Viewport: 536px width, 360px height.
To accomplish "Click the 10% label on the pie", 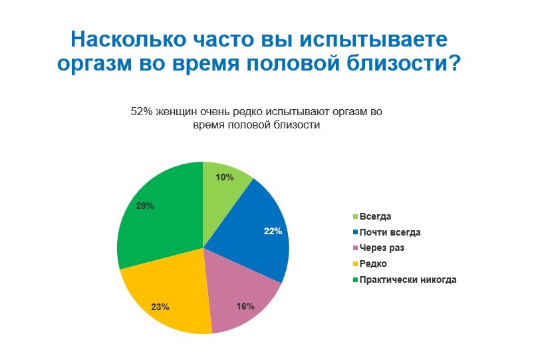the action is [225, 177].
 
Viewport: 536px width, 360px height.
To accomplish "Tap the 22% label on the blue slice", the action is [273, 232].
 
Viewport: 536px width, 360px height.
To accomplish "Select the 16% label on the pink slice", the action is [245, 306].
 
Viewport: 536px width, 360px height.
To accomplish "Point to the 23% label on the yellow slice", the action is [160, 307].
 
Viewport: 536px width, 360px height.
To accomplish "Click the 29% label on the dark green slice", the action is [145, 206].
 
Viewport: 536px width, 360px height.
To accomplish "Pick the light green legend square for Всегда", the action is [355, 217].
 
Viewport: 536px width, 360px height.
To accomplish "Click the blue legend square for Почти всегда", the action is [355, 232].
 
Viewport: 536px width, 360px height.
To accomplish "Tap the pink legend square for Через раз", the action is [355, 248].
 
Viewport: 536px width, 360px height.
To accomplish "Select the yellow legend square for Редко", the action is [355, 264].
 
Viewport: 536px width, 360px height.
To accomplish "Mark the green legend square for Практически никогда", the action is [355, 279].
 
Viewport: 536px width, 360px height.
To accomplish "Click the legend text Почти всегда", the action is [390, 233].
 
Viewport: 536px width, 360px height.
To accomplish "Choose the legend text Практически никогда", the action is [408, 280].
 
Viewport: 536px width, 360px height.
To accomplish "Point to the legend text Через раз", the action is [382, 248].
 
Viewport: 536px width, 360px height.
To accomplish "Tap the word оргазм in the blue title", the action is [94, 64].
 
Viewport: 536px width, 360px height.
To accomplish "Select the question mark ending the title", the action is [454, 62].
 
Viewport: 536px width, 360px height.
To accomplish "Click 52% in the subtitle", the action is [142, 112].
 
